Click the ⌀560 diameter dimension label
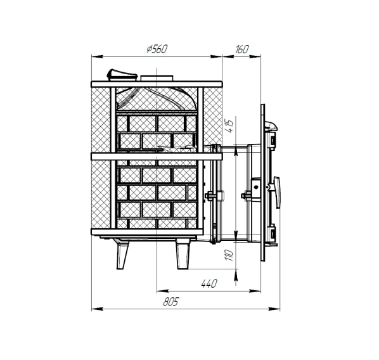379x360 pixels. (x=157, y=49)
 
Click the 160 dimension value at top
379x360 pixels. (x=241, y=49)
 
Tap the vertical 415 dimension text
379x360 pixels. (x=229, y=125)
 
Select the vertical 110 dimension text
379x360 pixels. (x=229, y=255)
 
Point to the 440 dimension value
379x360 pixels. (x=209, y=283)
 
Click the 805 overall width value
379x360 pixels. (x=171, y=302)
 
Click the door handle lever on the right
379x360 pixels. (x=277, y=193)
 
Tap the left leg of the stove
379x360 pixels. (x=122, y=254)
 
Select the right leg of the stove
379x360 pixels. (x=183, y=254)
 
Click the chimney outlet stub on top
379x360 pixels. (x=157, y=78)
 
